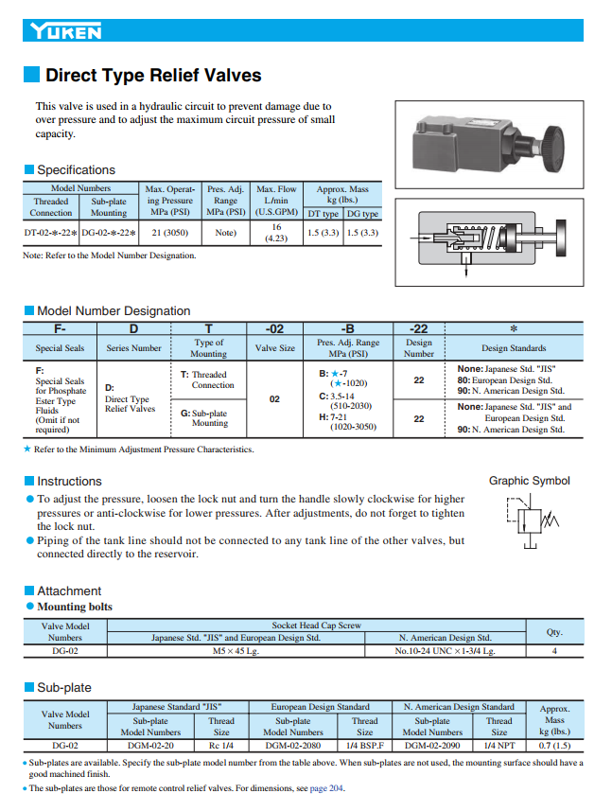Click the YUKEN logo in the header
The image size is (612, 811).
pos(64,32)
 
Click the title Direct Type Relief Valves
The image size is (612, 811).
pos(153,76)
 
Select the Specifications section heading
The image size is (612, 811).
pos(76,170)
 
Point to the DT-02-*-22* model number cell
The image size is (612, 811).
pos(51,232)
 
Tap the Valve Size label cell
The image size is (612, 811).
pos(274,348)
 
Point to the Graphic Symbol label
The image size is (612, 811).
pos(529,481)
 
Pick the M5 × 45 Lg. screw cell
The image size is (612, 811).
pos(236,651)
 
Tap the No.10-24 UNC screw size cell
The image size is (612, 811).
pos(445,651)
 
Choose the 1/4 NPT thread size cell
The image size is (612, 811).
pos(498,746)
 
